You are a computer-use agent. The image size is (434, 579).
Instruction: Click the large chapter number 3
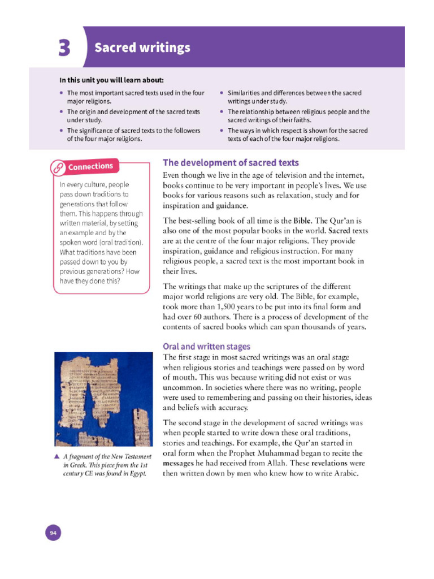pyautogui.click(x=63, y=49)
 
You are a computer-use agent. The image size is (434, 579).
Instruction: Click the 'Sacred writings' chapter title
pyautogui.click(x=142, y=47)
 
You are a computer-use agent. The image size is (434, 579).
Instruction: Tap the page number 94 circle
pyautogui.click(x=53, y=532)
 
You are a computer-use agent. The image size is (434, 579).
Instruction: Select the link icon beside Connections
pyautogui.click(x=58, y=167)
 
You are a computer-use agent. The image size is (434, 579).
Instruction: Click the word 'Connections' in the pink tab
pyautogui.click(x=90, y=166)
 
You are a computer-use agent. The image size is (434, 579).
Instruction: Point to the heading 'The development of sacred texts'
pyautogui.click(x=231, y=163)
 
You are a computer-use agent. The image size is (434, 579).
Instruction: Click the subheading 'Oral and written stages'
pyautogui.click(x=206, y=346)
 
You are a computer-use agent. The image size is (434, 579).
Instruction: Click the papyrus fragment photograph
pyautogui.click(x=103, y=399)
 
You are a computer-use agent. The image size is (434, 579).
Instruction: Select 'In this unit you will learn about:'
pyautogui.click(x=112, y=80)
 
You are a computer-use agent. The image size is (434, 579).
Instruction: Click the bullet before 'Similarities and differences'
pyautogui.click(x=222, y=93)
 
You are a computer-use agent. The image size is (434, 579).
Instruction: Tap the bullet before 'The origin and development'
pyautogui.click(x=62, y=112)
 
